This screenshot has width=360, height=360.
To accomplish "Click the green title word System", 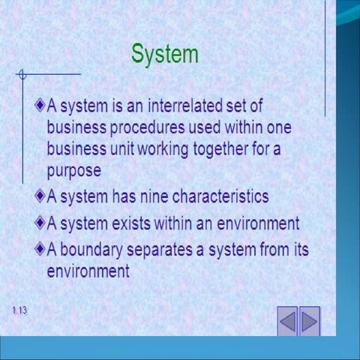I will click(165, 54).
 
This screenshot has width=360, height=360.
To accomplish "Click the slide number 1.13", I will click(19, 310).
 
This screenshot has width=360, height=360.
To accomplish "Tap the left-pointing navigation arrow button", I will click(288, 321).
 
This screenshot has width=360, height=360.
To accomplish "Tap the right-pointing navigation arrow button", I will click(309, 321).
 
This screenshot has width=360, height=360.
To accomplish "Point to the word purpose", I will click(73, 170).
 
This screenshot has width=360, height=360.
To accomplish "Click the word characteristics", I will click(220, 196).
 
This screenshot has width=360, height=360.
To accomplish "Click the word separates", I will click(166, 249).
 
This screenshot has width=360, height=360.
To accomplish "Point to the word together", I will click(214, 148).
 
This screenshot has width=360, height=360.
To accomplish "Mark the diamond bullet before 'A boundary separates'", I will click(40, 248).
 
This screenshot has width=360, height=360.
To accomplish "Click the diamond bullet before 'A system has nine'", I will click(40, 196).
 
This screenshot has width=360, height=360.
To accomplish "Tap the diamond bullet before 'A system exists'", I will click(40, 222).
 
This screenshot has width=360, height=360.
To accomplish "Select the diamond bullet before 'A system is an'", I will click(40, 106).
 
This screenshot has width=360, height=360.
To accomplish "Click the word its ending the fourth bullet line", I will click(299, 249).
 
